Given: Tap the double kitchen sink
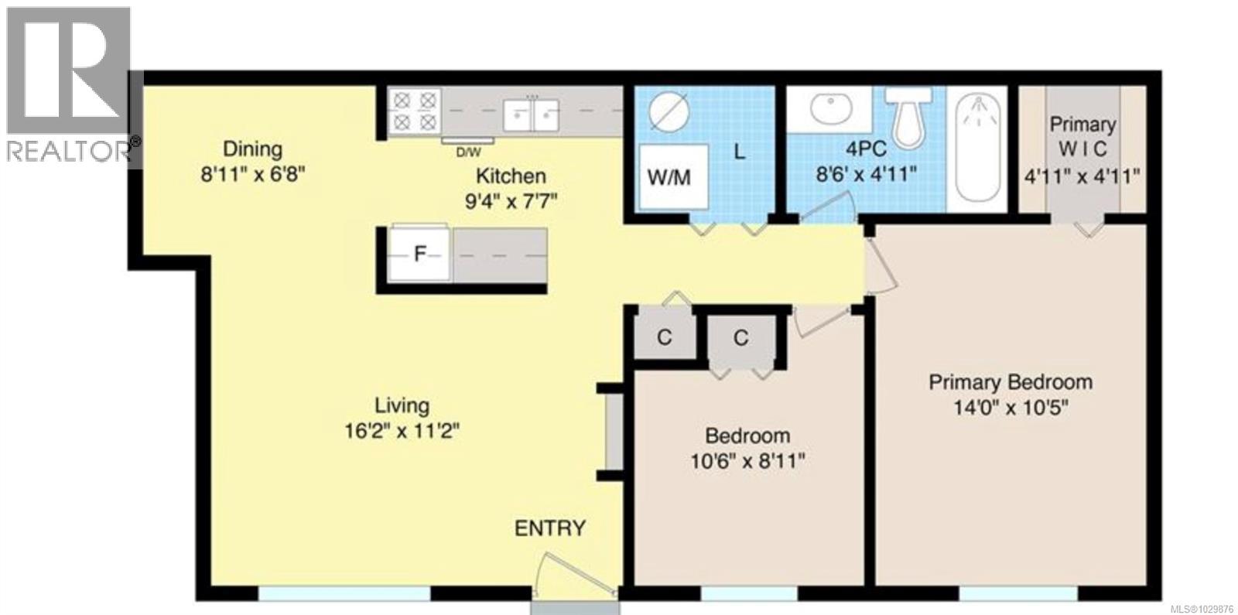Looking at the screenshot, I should pos(531,114).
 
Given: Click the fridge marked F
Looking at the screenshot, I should pos(419,253).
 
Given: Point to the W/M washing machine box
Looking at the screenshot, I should pos(670,176).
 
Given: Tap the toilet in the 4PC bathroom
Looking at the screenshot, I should pos(910,116).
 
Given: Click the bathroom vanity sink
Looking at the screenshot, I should pos(829,108).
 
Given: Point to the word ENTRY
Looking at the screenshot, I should pos(550,528).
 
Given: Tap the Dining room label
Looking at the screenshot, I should pos(252,149).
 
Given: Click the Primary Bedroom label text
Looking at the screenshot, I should pos(1011,382).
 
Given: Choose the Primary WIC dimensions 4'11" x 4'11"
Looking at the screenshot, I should pos(1082,176).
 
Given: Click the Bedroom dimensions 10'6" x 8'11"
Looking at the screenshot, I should pos(747,462).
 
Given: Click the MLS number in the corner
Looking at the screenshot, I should pos(1203,608).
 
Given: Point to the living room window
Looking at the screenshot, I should pos(344,593).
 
